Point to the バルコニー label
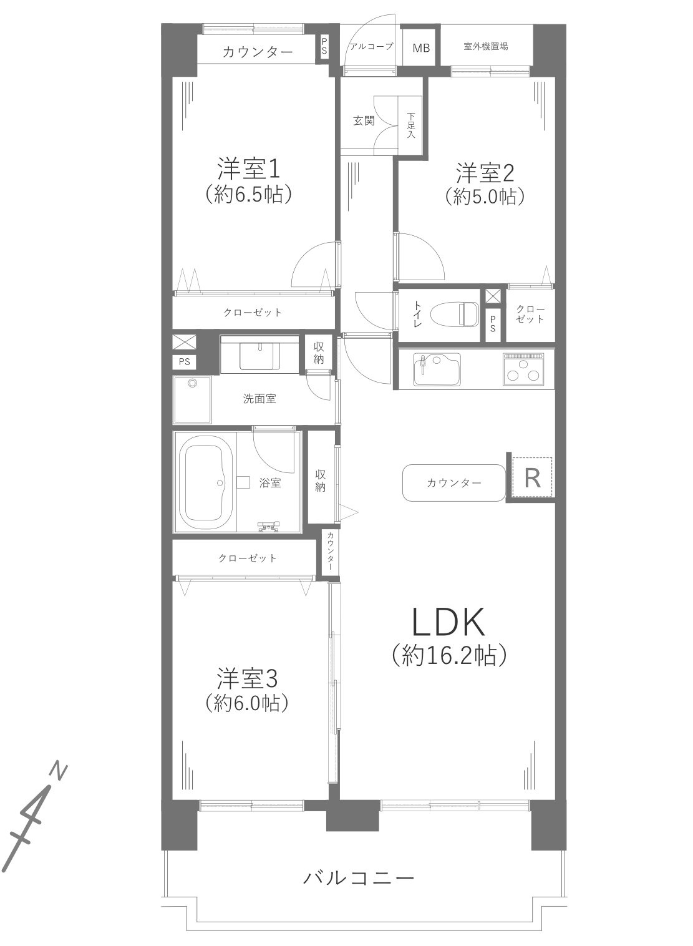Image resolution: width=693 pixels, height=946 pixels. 359,878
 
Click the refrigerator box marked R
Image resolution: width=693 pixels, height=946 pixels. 533,478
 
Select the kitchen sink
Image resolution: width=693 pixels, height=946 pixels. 437,369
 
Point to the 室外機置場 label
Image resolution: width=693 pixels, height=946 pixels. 486,47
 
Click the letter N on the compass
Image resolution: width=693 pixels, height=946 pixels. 59,771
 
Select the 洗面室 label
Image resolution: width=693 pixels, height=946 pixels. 259,398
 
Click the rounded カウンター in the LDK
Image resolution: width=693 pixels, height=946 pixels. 454,482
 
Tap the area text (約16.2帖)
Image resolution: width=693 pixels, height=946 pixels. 447,655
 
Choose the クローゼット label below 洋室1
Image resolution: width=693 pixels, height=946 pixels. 253,313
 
